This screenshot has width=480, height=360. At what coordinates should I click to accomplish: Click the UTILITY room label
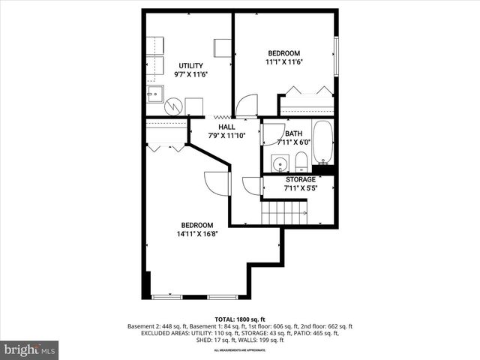click(x=190, y=66)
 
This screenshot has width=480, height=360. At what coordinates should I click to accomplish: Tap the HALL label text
click(x=226, y=127)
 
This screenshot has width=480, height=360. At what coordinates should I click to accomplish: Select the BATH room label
click(x=293, y=133)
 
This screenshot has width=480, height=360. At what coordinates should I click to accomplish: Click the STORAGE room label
click(x=300, y=180)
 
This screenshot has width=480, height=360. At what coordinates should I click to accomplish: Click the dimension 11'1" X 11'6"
click(x=284, y=62)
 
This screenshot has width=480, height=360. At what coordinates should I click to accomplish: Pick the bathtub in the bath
click(x=323, y=142)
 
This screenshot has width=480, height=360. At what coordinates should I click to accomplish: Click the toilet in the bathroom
click(x=301, y=161)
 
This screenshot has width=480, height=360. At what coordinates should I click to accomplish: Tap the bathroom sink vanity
click(x=280, y=163)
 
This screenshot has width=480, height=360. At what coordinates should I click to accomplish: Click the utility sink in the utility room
click(x=155, y=94)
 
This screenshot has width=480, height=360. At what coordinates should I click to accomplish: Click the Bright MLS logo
click(x=30, y=349)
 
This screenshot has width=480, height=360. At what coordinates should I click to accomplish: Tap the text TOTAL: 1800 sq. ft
click(x=241, y=319)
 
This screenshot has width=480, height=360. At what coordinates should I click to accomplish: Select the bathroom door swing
click(x=272, y=133)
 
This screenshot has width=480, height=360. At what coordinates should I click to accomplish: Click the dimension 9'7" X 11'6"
click(x=190, y=75)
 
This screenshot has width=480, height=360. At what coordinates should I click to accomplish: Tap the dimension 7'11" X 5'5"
click(x=300, y=188)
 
